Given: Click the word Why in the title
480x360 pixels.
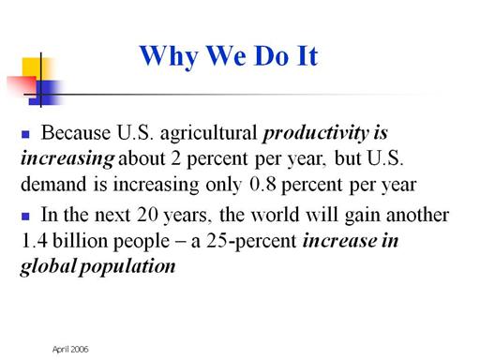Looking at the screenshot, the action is (169, 57).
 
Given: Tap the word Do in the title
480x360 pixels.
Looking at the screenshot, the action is (271, 56).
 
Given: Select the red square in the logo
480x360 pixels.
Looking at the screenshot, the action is (22, 84).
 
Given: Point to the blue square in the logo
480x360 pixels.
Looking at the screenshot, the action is (44, 93).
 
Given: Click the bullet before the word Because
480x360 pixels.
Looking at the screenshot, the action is (25, 134).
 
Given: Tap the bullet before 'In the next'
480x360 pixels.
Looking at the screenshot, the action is (25, 217).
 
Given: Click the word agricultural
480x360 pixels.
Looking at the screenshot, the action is (208, 134).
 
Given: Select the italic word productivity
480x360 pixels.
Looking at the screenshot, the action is (316, 134).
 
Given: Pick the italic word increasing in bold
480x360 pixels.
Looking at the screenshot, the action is (67, 159).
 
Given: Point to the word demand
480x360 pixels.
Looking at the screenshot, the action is (53, 184).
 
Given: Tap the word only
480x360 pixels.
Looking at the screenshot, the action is (224, 185).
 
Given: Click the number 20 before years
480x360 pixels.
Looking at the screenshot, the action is (147, 215).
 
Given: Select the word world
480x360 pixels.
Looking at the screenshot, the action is (275, 215).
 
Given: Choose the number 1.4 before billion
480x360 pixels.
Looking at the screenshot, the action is (34, 241).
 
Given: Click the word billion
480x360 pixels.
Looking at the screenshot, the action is (80, 241).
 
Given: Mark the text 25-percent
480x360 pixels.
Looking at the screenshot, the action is (251, 242).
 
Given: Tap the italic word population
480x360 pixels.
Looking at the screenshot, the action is (127, 267).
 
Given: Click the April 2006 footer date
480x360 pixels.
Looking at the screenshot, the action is (70, 350).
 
